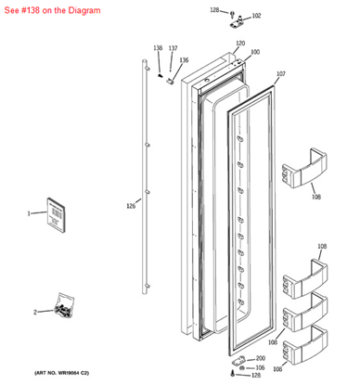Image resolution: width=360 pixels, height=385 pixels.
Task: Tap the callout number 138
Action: [158, 47]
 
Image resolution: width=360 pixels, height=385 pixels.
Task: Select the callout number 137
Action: [173, 47]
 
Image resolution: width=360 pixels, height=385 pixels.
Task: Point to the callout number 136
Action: [184, 60]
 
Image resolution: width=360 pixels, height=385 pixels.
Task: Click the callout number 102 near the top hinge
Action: [257, 16]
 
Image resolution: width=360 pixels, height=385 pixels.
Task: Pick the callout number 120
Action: [239, 44]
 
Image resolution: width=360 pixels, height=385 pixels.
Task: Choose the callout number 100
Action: [255, 52]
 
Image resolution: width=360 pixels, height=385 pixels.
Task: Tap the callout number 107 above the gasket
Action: [281, 73]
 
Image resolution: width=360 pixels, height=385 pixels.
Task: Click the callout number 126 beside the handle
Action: [131, 206]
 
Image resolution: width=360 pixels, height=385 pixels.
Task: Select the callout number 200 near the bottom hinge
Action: [260, 358]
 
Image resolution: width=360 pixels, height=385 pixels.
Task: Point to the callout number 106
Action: [260, 367]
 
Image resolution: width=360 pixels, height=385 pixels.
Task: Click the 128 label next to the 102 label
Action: [214, 10]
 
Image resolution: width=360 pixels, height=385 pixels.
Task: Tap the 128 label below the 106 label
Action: [256, 376]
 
